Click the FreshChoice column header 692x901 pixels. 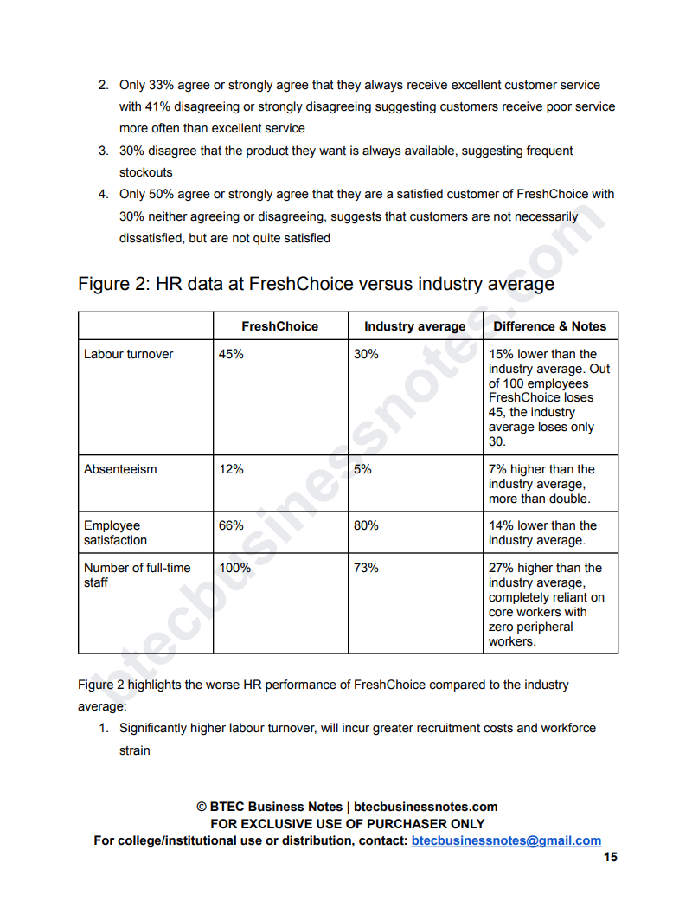pyautogui.click(x=279, y=326)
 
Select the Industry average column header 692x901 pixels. pyautogui.click(x=414, y=326)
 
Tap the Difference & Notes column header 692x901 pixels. pyautogui.click(x=549, y=326)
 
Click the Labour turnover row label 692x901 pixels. pyautogui.click(x=128, y=354)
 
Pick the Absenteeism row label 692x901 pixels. pyautogui.click(x=120, y=469)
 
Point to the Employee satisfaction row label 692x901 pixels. pyautogui.click(x=115, y=532)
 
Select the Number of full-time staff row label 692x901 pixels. pyautogui.click(x=137, y=575)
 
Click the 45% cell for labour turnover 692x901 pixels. pyautogui.click(x=231, y=354)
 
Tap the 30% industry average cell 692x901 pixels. pyautogui.click(x=366, y=354)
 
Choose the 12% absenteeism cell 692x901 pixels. pyautogui.click(x=231, y=469)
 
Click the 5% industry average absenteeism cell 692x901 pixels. pyautogui.click(x=362, y=469)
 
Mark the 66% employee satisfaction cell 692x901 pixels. pyautogui.click(x=231, y=525)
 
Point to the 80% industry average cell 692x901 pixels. pyautogui.click(x=366, y=525)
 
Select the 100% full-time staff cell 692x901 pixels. pyautogui.click(x=234, y=568)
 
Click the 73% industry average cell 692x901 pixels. pyautogui.click(x=366, y=568)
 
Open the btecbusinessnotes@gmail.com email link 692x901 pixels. pyautogui.click(x=506, y=840)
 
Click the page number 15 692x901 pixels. pyautogui.click(x=611, y=857)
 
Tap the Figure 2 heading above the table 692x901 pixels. pyautogui.click(x=316, y=284)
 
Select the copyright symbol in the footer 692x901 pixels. pyautogui.click(x=202, y=807)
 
